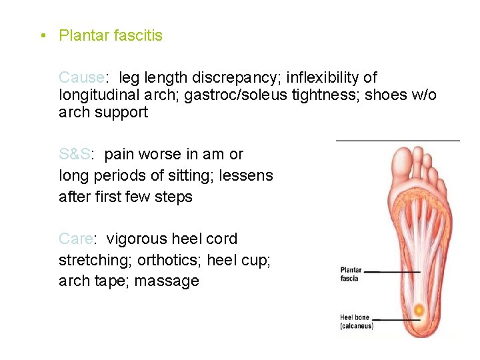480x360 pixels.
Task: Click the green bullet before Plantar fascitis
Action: click(x=42, y=35)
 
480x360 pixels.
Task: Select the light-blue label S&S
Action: click(x=74, y=154)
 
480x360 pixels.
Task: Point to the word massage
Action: click(x=167, y=281)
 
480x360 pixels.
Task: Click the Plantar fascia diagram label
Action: click(x=351, y=274)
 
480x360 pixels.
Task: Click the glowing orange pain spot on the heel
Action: click(x=417, y=310)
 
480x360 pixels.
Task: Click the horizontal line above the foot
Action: click(x=397, y=141)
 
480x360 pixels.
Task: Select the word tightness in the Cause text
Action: click(x=323, y=95)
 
